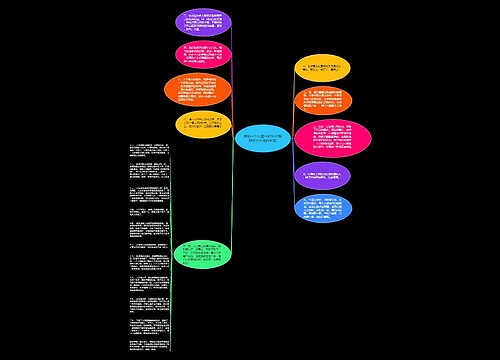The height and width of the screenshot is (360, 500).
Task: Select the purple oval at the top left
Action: click(x=203, y=21)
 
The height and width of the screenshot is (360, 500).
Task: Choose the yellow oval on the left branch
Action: click(x=204, y=123)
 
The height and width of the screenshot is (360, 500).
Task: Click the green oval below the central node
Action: click(x=203, y=252)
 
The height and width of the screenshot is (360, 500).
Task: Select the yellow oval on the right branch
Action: click(x=322, y=68)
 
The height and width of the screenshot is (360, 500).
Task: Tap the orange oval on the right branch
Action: click(x=322, y=101)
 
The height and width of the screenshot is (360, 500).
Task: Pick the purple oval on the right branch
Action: click(x=322, y=176)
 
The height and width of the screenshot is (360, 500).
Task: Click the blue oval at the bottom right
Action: click(x=323, y=209)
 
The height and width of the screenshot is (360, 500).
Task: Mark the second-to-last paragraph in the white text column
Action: click(x=148, y=321)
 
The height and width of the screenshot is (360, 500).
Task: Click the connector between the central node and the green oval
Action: click(x=233, y=200)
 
